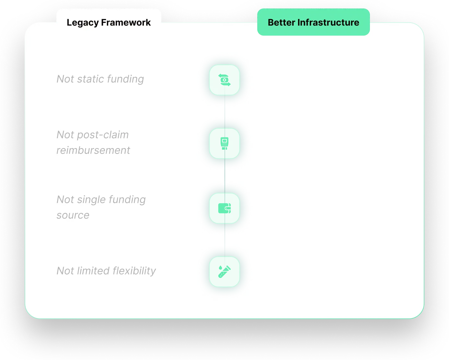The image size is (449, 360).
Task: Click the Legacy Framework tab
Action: click(x=109, y=22)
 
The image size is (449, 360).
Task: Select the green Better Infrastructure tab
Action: click(x=313, y=22)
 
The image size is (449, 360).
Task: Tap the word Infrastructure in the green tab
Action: click(x=328, y=22)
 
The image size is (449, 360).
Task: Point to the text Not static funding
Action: click(x=100, y=79)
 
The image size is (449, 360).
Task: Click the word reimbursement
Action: click(x=93, y=150)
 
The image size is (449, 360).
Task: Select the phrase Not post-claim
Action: click(x=93, y=135)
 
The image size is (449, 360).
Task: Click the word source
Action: click(x=73, y=215)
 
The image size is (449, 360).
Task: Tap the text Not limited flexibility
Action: click(x=106, y=271)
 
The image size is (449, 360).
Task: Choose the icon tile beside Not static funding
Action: click(x=224, y=80)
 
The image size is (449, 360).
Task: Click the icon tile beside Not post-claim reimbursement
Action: click(x=224, y=143)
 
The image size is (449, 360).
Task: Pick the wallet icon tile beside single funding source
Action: click(x=224, y=208)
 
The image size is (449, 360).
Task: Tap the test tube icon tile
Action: click(x=224, y=272)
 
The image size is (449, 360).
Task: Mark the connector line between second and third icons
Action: click(x=225, y=176)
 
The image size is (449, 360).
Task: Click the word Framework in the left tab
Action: click(x=126, y=22)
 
